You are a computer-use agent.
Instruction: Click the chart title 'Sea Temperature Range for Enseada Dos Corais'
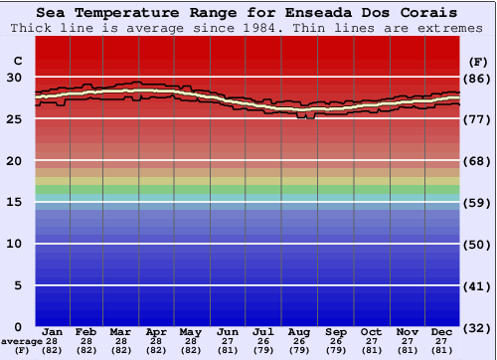click(248, 13)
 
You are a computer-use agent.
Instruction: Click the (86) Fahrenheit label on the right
click(478, 78)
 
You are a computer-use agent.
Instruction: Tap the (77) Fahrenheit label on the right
click(478, 118)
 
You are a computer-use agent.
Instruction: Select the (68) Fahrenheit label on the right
click(478, 160)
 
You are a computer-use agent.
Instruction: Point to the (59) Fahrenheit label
click(478, 202)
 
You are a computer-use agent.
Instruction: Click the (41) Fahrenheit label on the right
click(478, 284)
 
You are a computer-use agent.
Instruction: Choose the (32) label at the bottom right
click(478, 327)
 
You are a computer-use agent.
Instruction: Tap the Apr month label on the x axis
click(156, 331)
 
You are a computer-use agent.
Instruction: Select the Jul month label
click(263, 331)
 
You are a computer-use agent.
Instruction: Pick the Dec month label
click(442, 331)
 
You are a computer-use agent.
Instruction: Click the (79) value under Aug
click(299, 350)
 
